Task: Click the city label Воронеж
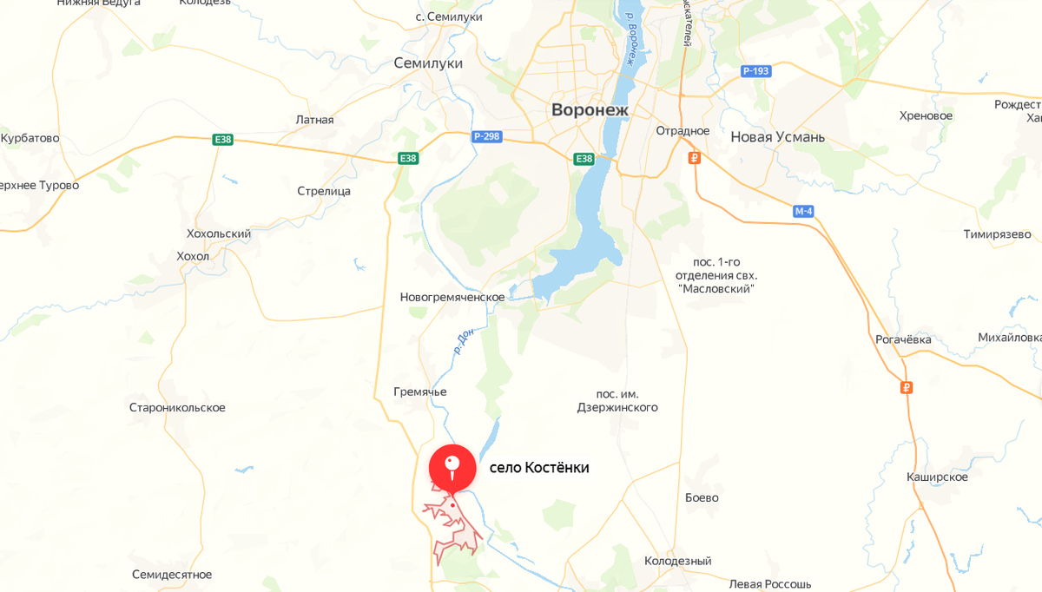point(590,110)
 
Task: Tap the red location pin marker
point(452,466)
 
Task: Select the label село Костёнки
point(539,467)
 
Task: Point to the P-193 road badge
point(755,71)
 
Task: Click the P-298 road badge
point(486,136)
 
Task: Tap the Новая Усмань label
point(777,137)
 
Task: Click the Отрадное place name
point(683,131)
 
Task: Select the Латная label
point(314,120)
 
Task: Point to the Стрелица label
point(324,191)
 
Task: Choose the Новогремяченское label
point(452,297)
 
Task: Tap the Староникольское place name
point(177,407)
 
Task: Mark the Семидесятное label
point(172,574)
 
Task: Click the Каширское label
point(936,477)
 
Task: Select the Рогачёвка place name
point(903,339)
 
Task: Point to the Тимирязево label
point(997,234)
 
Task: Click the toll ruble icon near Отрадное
point(694,158)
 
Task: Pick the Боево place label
point(702,497)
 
